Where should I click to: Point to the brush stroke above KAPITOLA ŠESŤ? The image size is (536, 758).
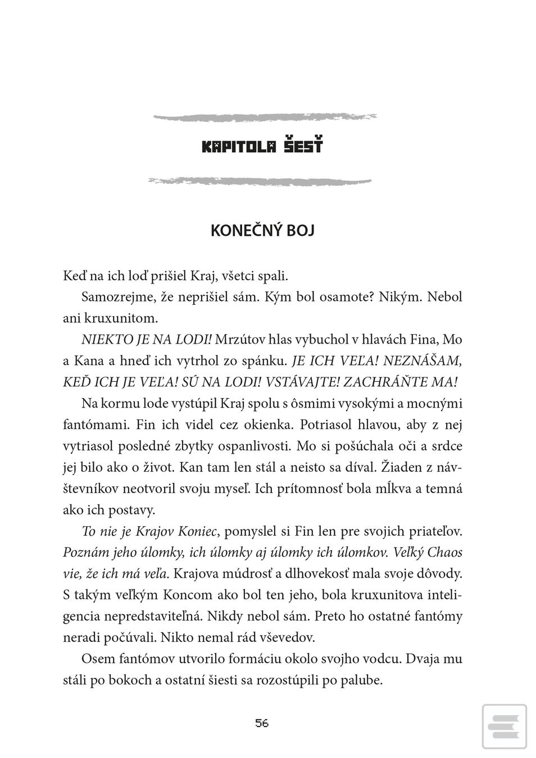[x=265, y=117]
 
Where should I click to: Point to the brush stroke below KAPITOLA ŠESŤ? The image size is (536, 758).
[x=259, y=181]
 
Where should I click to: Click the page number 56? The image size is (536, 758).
[x=262, y=723]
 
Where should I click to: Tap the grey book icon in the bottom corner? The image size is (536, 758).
[x=504, y=727]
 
